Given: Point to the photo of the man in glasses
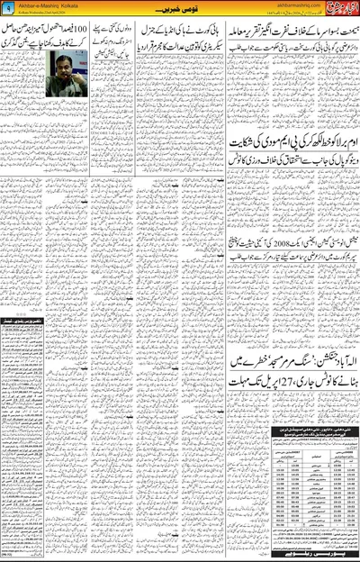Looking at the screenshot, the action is (67, 73).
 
